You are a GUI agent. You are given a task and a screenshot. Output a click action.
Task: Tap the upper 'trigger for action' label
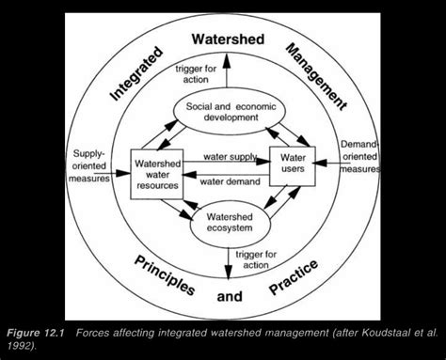coord(201,73)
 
